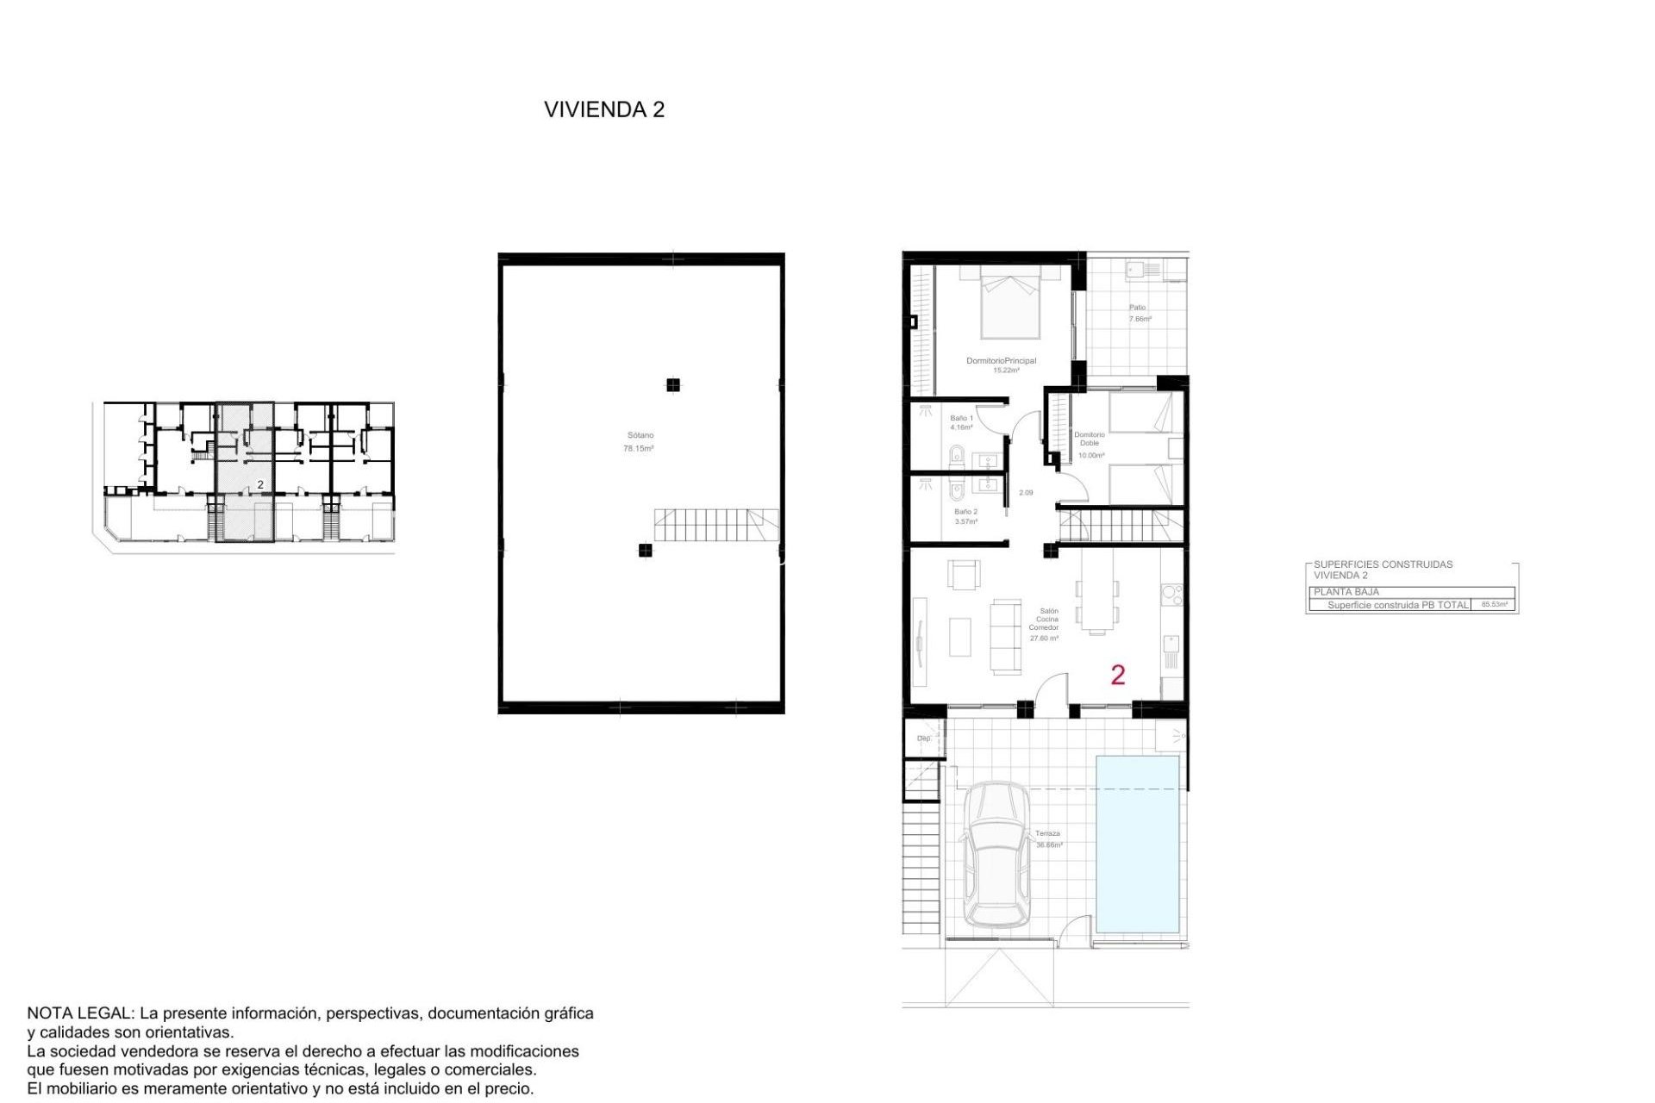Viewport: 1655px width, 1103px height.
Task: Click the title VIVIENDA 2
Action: click(x=603, y=109)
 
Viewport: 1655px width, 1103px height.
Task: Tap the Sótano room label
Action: click(x=640, y=436)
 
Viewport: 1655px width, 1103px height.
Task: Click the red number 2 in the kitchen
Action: click(x=1117, y=675)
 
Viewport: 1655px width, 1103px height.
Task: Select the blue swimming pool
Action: click(x=1137, y=844)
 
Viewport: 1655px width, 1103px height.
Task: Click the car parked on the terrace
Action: click(x=996, y=855)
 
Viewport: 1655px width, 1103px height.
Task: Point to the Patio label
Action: click(x=1138, y=308)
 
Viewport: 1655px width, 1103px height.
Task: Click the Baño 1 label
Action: click(x=961, y=418)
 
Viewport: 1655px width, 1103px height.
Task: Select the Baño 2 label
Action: click(x=965, y=512)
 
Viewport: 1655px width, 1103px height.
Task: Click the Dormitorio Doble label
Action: click(x=1090, y=439)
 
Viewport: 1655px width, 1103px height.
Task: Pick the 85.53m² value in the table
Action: click(x=1494, y=605)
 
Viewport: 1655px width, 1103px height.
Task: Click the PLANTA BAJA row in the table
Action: click(x=1346, y=592)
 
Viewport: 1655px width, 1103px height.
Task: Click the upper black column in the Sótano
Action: click(x=673, y=385)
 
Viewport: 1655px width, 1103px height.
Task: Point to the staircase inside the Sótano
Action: click(x=715, y=525)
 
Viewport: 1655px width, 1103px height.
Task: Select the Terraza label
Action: click(x=1047, y=833)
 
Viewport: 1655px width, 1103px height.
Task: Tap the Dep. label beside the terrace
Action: click(x=923, y=738)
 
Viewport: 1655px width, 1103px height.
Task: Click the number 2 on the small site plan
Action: click(x=260, y=485)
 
